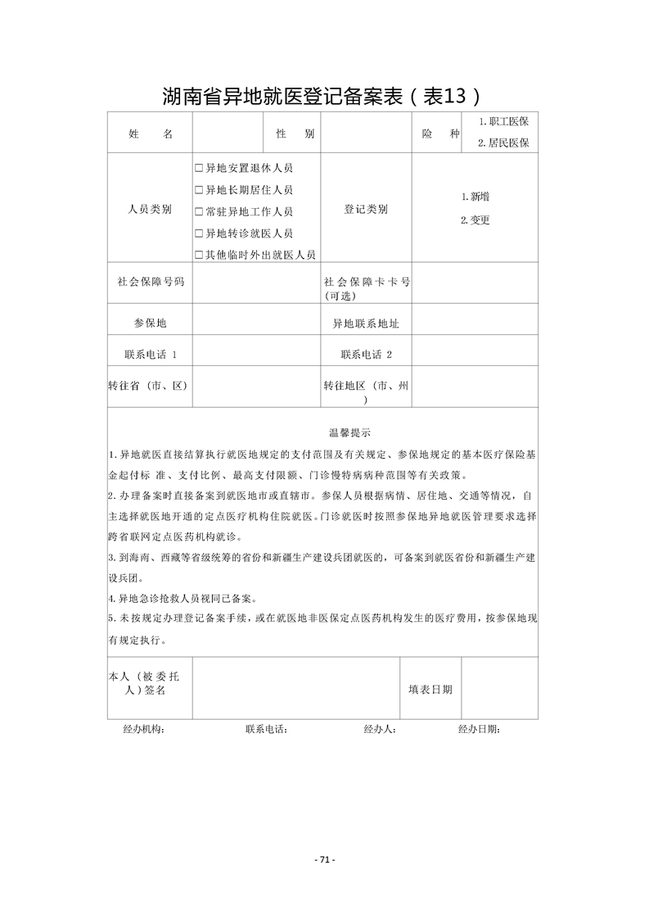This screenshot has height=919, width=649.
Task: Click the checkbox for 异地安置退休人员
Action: (x=199, y=168)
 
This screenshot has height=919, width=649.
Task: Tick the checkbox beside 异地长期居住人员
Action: (x=199, y=190)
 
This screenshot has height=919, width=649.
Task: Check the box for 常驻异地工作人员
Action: (x=199, y=211)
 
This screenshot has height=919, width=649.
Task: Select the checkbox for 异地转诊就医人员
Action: (x=199, y=233)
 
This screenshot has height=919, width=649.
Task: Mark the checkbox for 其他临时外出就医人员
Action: (x=199, y=255)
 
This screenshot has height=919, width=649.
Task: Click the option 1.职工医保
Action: (x=503, y=121)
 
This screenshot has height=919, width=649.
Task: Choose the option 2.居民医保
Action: (x=503, y=143)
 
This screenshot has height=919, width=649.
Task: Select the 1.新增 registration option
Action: (x=475, y=197)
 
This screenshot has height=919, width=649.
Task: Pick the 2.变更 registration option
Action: (x=475, y=220)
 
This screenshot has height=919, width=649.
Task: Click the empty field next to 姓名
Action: (x=228, y=133)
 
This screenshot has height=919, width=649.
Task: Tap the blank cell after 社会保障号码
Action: (x=256, y=282)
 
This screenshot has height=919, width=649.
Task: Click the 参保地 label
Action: (x=150, y=324)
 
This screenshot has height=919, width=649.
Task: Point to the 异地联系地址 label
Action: (x=366, y=324)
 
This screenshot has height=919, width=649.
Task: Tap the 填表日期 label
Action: (x=430, y=690)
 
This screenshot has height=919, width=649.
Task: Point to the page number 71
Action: (x=325, y=859)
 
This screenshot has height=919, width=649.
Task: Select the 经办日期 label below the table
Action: (x=479, y=729)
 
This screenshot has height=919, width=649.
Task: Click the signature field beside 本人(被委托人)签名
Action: (x=295, y=690)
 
